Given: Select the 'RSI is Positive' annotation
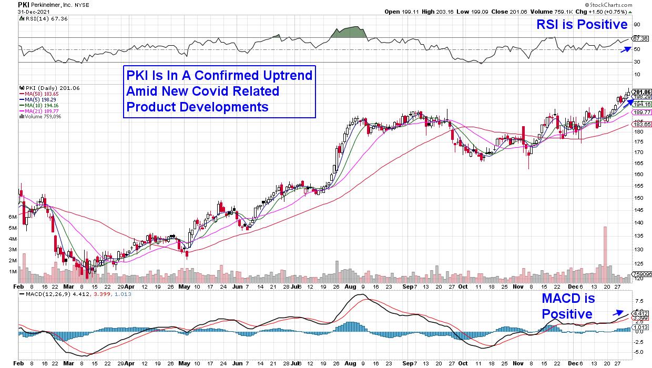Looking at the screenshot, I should point(581,25).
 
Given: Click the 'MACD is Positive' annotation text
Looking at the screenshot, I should point(568,306).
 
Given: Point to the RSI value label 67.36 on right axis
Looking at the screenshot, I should point(640,38).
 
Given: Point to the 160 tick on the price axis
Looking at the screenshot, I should point(637,174).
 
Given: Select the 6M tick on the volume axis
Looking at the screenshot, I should point(14,217).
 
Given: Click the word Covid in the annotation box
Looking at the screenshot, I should point(216,91).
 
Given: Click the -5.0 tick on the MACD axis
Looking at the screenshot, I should point(638,351).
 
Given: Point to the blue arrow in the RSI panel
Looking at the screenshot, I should point(625,48).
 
